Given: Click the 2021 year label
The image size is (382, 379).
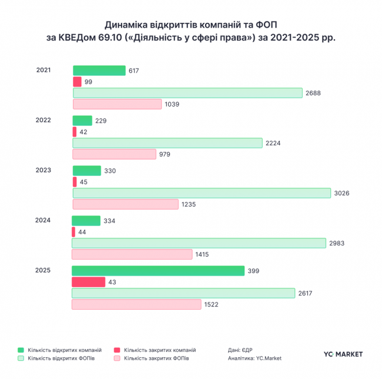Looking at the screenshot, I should click(x=43, y=70).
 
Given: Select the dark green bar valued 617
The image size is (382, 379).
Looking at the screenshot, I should click(x=99, y=71).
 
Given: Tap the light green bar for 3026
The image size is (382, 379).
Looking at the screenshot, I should click(x=202, y=193).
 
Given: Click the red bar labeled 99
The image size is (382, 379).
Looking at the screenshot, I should click(x=77, y=82).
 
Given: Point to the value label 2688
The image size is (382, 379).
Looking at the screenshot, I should click(x=312, y=93).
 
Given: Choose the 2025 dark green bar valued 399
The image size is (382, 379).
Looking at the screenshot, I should click(x=158, y=271).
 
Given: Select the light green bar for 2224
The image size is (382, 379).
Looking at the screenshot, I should click(x=167, y=143).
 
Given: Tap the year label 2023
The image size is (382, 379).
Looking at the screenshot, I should click(x=43, y=170).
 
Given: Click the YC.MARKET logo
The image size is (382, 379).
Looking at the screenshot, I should click(x=343, y=354).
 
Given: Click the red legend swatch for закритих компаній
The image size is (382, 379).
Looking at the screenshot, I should click(x=118, y=350).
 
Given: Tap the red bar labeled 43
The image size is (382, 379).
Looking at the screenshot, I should click(x=88, y=282).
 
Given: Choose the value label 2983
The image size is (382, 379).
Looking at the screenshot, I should click(x=338, y=243).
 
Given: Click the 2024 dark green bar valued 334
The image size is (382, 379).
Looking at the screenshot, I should click(x=86, y=221).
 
